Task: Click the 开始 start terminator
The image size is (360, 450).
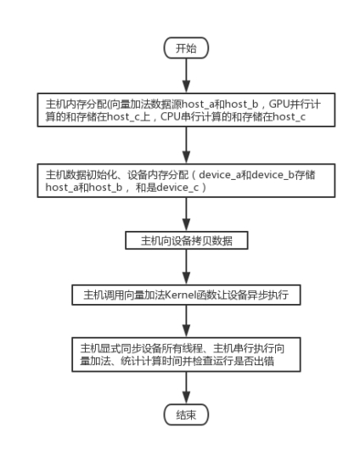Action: tap(186, 48)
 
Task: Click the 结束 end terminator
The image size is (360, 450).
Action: tap(186, 414)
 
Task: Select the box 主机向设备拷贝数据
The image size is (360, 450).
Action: tap(187, 240)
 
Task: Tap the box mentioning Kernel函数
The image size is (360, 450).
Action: tap(186, 295)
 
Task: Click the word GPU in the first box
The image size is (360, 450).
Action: tap(279, 104)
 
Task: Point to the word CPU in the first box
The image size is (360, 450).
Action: tap(171, 116)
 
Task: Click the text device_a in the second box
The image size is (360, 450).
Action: tap(220, 175)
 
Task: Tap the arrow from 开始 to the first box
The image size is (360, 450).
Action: tap(186, 76)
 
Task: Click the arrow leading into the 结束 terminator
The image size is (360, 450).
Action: tap(186, 388)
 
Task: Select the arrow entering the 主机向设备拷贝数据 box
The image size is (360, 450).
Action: tap(186, 214)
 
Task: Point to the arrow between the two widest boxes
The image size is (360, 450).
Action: tap(186, 145)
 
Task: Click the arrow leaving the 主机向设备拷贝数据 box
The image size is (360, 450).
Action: tap(186, 267)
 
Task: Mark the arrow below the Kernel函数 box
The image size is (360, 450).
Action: tap(186, 321)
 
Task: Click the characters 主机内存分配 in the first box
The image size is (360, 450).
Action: tap(76, 104)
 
